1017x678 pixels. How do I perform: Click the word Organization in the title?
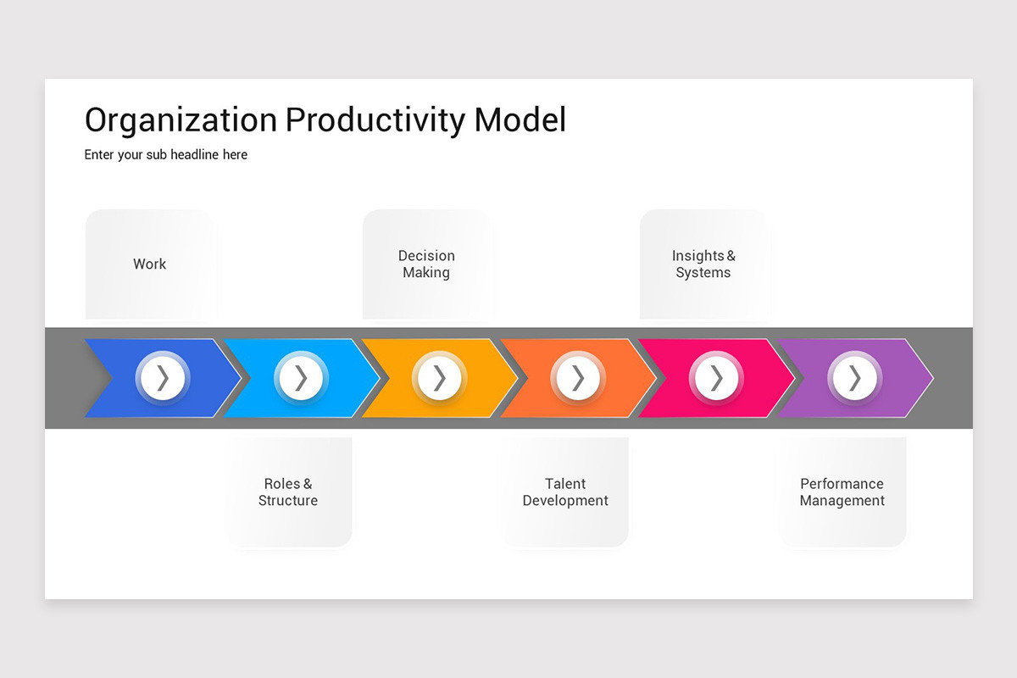181,120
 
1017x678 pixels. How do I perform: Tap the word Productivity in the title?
375,120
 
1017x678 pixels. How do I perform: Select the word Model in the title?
520,119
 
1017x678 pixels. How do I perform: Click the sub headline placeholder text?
166,155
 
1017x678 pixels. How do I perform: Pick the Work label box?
150,264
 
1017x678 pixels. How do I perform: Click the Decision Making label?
426,264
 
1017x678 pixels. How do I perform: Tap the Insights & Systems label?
703,264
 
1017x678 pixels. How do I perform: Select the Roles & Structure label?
288,492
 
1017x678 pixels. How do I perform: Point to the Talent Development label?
565,492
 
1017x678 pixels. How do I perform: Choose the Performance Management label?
842,492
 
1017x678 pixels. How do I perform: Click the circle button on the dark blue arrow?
163,378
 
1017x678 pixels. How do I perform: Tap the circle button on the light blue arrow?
301,378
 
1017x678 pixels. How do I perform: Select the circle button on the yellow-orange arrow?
440,378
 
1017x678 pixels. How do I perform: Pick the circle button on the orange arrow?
578,378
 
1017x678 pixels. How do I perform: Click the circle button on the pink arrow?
716,378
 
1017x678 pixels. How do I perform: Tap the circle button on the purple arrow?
855,378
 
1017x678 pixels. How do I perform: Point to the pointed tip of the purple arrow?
932,378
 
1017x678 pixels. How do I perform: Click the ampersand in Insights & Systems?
731,256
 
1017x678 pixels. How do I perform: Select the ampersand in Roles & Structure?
308,484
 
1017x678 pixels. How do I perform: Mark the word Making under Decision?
426,273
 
